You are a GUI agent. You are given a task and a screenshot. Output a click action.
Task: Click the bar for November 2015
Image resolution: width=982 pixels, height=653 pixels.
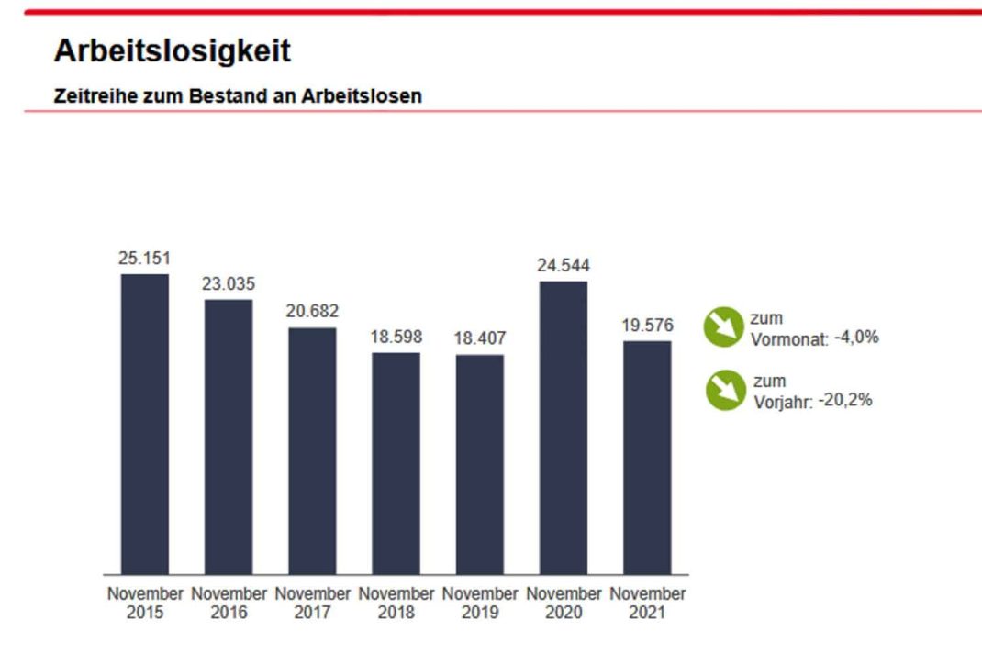pyautogui.click(x=145, y=424)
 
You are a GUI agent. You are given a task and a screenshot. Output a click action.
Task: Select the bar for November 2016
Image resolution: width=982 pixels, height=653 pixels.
pyautogui.click(x=229, y=437)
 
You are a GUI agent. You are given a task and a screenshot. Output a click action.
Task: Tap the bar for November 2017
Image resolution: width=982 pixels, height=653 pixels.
pyautogui.click(x=312, y=450)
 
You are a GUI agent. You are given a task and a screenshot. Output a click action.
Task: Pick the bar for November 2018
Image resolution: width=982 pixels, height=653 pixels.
pyautogui.click(x=396, y=463)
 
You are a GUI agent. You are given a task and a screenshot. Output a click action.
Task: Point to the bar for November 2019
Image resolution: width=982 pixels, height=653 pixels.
pyautogui.click(x=480, y=464)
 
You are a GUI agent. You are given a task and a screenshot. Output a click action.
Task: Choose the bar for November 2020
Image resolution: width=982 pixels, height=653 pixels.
pyautogui.click(x=564, y=427)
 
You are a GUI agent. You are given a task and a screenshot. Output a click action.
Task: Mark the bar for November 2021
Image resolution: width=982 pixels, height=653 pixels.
pyautogui.click(x=647, y=458)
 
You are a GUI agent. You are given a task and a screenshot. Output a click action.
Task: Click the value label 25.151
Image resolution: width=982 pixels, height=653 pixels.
pyautogui.click(x=145, y=258)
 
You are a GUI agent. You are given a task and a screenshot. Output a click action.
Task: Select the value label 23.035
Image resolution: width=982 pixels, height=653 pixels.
pyautogui.click(x=229, y=283)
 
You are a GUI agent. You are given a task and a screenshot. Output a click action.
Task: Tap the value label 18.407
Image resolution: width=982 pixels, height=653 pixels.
pyautogui.click(x=480, y=338)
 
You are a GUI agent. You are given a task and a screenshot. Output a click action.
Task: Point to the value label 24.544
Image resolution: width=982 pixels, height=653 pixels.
pyautogui.click(x=564, y=265)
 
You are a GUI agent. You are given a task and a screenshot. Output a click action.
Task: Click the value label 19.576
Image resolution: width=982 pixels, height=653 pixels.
pyautogui.click(x=647, y=326)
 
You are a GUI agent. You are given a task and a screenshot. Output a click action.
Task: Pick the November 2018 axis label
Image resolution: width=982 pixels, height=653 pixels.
pyautogui.click(x=396, y=603)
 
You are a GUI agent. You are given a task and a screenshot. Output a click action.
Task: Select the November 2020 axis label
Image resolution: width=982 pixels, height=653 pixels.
pyautogui.click(x=564, y=603)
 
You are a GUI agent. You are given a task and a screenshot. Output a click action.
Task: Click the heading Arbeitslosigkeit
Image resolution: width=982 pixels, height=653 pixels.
pyautogui.click(x=173, y=51)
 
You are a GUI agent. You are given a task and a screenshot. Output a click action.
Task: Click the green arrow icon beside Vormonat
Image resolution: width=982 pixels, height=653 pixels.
pyautogui.click(x=723, y=327)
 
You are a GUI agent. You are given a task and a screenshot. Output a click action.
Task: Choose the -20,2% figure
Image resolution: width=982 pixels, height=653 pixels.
pyautogui.click(x=845, y=400)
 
